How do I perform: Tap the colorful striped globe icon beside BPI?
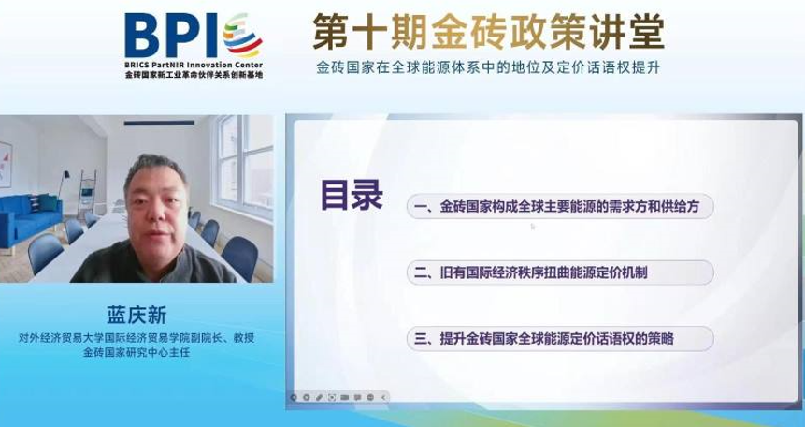coord(242,35)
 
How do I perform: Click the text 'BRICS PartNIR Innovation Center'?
coord(194,66)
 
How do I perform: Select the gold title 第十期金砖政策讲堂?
coord(488,32)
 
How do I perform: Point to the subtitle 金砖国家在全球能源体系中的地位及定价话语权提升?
coord(488,68)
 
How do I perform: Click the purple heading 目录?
coord(352,195)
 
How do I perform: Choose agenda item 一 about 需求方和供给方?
coord(560,207)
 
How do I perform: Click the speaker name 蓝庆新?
coord(137,316)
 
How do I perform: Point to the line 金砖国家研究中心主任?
coord(137,353)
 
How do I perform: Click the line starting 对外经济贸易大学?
coord(137,339)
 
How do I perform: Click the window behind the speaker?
coord(244,166)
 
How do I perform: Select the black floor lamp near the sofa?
coord(63,184)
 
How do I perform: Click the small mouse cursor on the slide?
coord(533,226)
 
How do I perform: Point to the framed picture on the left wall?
coord(6,164)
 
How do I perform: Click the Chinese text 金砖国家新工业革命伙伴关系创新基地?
coord(194,75)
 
